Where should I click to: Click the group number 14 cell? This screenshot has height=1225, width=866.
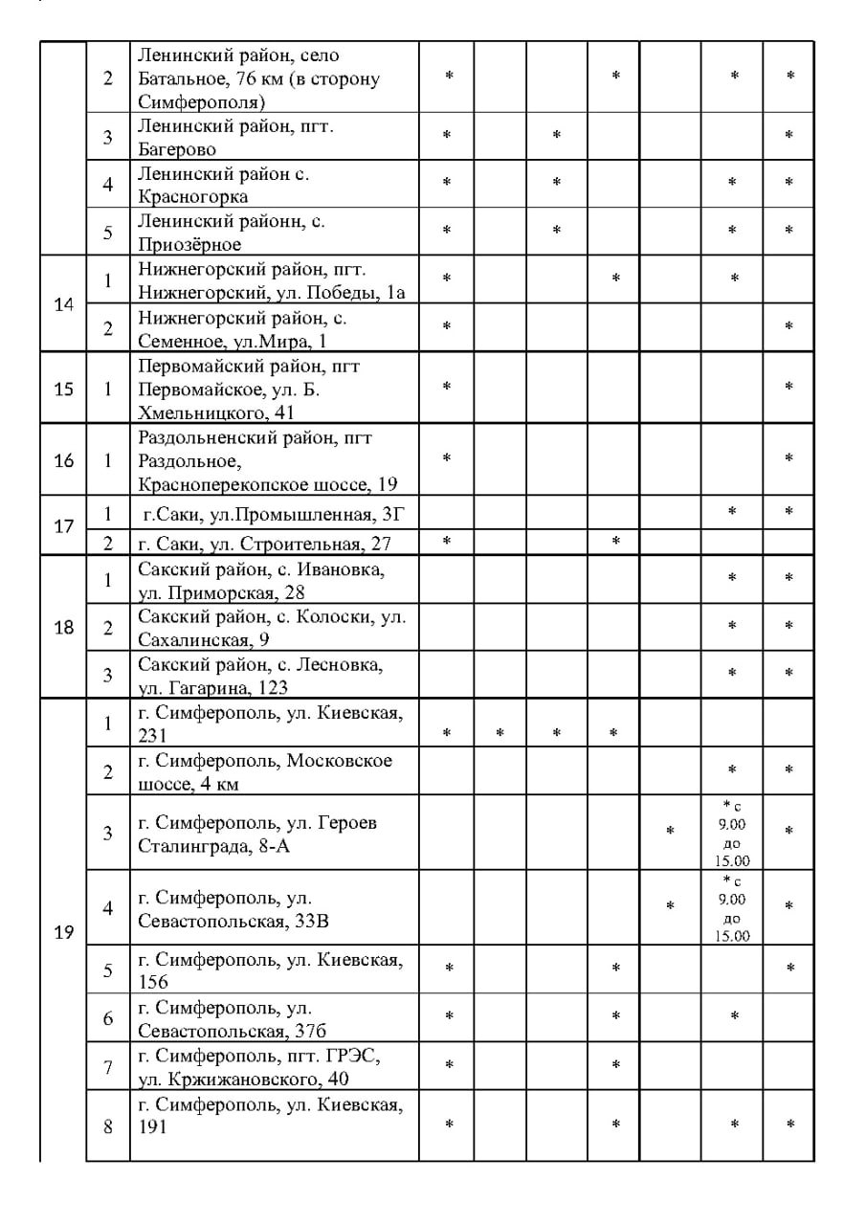coord(63,304)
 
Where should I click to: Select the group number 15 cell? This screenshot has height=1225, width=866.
coord(63,389)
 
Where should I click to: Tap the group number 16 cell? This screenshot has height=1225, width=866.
coord(63,460)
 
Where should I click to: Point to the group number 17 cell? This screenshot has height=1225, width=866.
coord(63,525)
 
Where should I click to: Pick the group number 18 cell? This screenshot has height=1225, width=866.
coord(63,628)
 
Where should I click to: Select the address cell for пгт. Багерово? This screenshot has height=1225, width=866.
coord(274,137)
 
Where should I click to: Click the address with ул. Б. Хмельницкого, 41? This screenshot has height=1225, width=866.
coord(274,389)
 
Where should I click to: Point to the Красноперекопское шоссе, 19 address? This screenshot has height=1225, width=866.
coord(274,460)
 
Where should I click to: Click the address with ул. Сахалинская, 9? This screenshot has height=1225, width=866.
coord(274,628)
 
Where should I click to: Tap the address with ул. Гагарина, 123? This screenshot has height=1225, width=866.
coord(274,675)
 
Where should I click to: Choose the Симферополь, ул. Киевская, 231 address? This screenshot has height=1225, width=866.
coord(274,724)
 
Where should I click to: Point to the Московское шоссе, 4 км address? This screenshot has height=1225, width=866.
coord(274,771)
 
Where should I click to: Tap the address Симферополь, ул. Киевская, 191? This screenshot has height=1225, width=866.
coord(274,1116)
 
